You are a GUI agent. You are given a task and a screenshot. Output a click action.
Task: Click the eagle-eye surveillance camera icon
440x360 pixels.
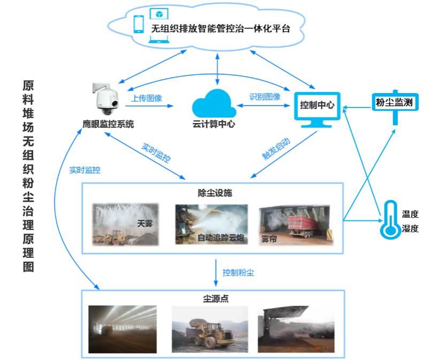(105, 99)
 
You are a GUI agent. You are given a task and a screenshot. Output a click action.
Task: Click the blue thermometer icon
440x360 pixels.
(390, 220)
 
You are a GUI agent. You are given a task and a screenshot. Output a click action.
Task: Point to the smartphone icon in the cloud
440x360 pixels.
(139, 25)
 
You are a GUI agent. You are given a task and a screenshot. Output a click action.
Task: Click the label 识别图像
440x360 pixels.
(265, 97)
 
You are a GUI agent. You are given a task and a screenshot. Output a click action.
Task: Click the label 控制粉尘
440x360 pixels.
(238, 272)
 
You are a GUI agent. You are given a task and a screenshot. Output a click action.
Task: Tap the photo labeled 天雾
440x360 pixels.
(126, 224)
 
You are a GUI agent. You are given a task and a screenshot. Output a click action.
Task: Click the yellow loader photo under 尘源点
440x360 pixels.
(210, 328)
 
